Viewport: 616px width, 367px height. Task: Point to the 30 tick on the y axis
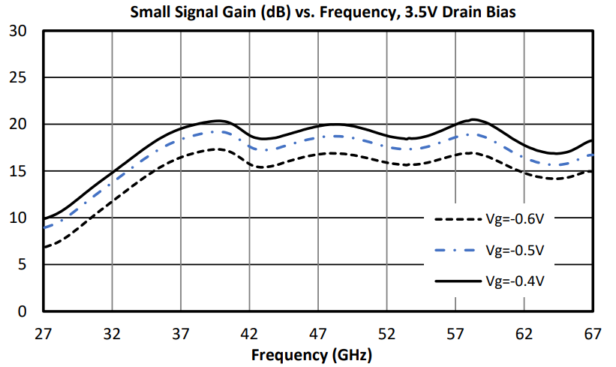tap(19, 31)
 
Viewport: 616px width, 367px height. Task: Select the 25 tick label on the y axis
tap(19, 78)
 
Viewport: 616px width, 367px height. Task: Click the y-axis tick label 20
tap(19, 125)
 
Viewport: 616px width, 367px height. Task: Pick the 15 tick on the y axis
tap(19, 171)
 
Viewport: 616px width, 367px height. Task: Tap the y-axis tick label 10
tap(19, 218)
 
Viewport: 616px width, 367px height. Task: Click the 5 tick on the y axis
tap(23, 265)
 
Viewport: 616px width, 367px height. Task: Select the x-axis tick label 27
tap(43, 333)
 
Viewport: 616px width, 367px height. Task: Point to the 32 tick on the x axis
tap(112, 333)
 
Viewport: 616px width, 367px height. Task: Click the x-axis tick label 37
tap(180, 333)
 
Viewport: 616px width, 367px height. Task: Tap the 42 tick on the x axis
tap(249, 333)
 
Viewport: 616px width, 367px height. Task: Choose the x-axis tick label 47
tap(317, 333)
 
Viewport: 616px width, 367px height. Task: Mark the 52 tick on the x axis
tap(386, 333)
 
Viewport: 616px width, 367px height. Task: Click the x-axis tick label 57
tap(455, 333)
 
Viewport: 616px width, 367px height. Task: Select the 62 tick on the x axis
tap(524, 333)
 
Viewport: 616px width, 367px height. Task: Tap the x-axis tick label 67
tap(592, 333)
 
